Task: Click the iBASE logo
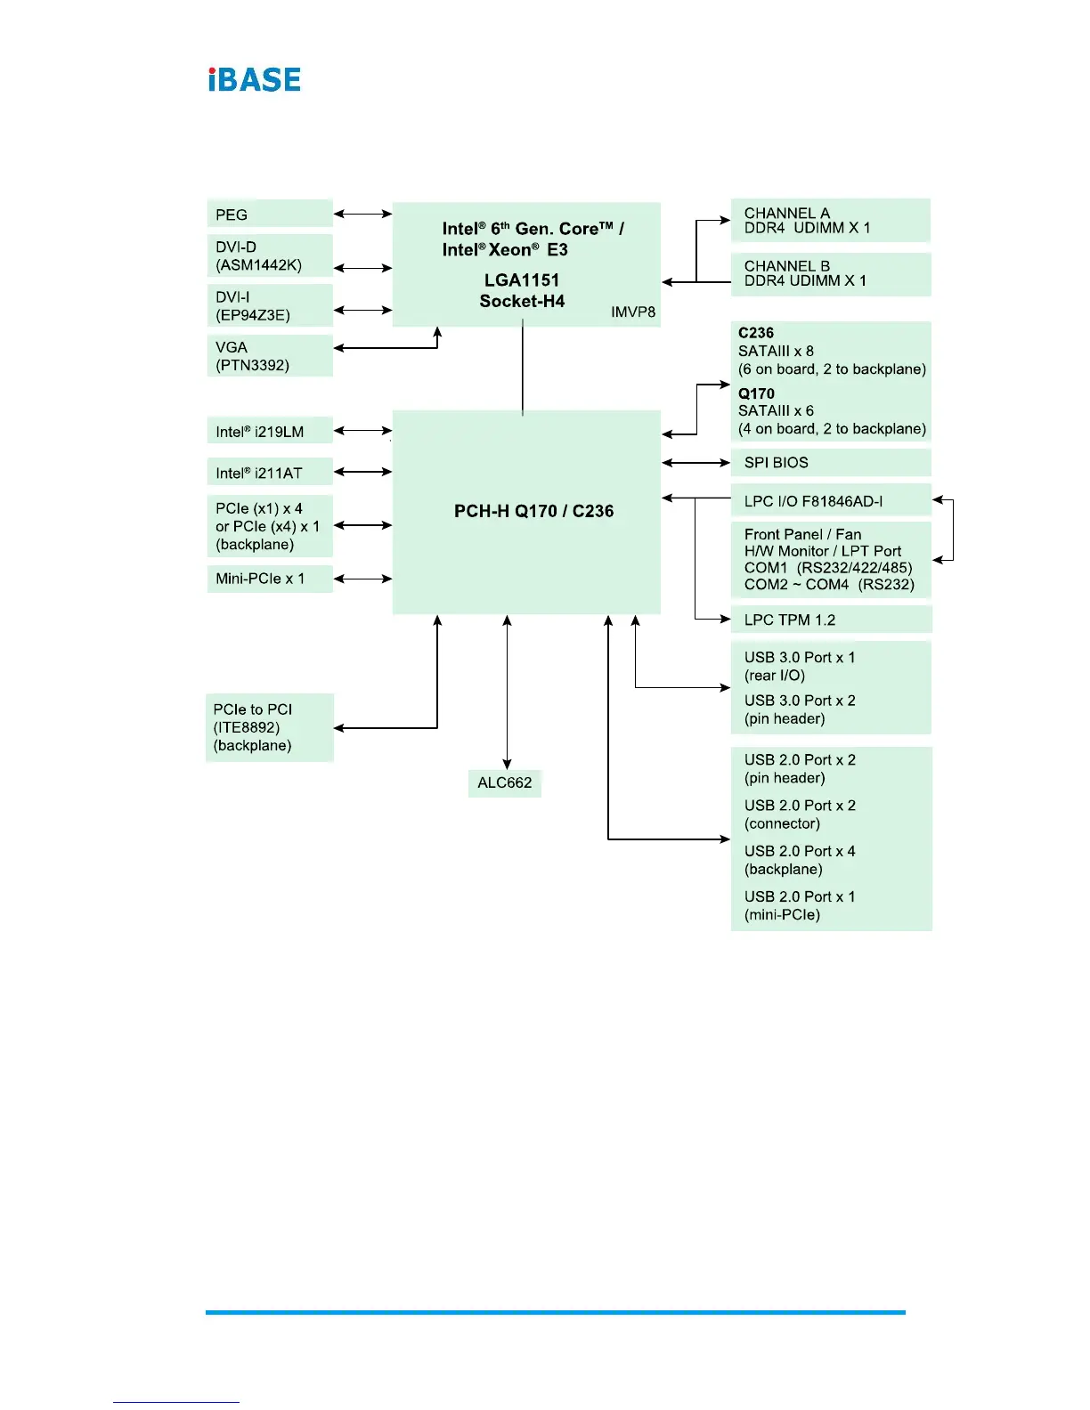coord(255,80)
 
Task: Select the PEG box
coord(270,214)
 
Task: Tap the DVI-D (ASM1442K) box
coord(270,256)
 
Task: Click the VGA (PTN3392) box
coord(270,356)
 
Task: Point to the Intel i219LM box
coord(270,432)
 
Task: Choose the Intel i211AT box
coord(270,473)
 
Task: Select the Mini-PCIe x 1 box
coord(270,579)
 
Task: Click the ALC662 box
coord(505,782)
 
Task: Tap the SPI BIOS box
coord(830,463)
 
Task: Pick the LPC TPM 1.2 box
coord(830,620)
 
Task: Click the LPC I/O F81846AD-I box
coord(830,501)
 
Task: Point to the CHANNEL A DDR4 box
coord(830,221)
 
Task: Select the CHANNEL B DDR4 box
coord(830,273)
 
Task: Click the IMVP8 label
coord(633,312)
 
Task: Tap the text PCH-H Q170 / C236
coord(533,511)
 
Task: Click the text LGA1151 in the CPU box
coord(522,280)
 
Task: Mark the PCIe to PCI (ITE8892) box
coord(270,727)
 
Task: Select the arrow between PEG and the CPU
coord(362,214)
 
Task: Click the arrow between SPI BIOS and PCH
coord(696,463)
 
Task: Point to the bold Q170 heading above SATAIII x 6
coord(756,393)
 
